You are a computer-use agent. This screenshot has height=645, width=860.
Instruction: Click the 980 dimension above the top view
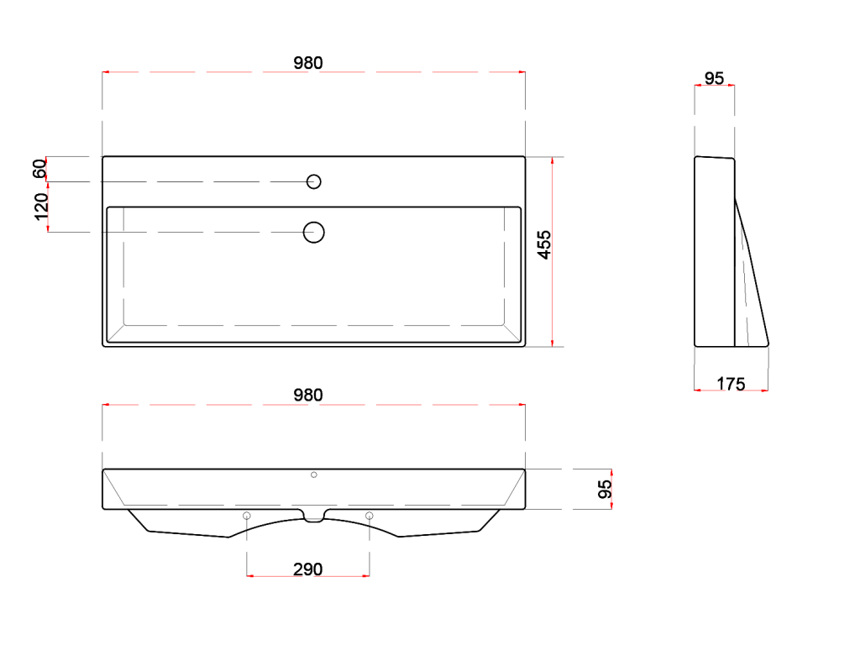coord(307,63)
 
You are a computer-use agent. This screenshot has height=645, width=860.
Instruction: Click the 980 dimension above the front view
coord(307,395)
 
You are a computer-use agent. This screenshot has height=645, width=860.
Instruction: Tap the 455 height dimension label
coord(543,244)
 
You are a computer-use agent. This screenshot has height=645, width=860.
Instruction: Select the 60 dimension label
coord(39,168)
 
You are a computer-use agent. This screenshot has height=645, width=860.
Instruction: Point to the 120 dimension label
coord(41,207)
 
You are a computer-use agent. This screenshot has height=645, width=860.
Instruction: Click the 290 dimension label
coord(307,569)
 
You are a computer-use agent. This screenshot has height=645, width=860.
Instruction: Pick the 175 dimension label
coord(732,384)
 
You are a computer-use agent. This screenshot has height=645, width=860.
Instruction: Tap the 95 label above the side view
coord(714,78)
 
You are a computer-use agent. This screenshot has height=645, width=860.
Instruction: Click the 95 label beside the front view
coord(604,489)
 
